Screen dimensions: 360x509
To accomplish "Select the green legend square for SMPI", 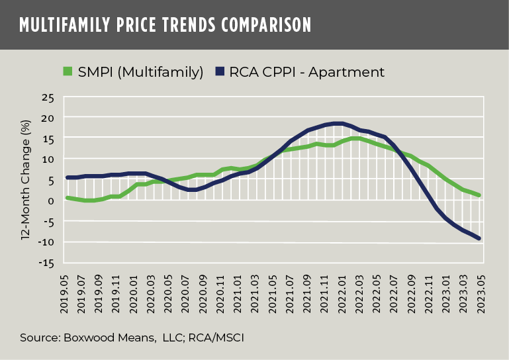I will pyautogui.click(x=67, y=71).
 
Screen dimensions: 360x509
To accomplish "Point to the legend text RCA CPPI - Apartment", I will pyautogui.click(x=306, y=71).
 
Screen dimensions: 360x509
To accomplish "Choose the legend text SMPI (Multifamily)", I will pyautogui.click(x=140, y=71).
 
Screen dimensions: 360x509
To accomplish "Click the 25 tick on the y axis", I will pyautogui.click(x=47, y=98).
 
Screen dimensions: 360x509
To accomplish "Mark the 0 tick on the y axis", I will pyautogui.click(x=50, y=201).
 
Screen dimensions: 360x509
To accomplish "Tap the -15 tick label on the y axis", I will pyautogui.click(x=46, y=263).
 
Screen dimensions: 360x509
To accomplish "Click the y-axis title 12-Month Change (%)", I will pyautogui.click(x=26, y=180).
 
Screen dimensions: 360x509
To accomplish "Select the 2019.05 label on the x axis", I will pyautogui.click(x=68, y=289).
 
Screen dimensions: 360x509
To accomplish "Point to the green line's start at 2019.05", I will pyautogui.click(x=68, y=197).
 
